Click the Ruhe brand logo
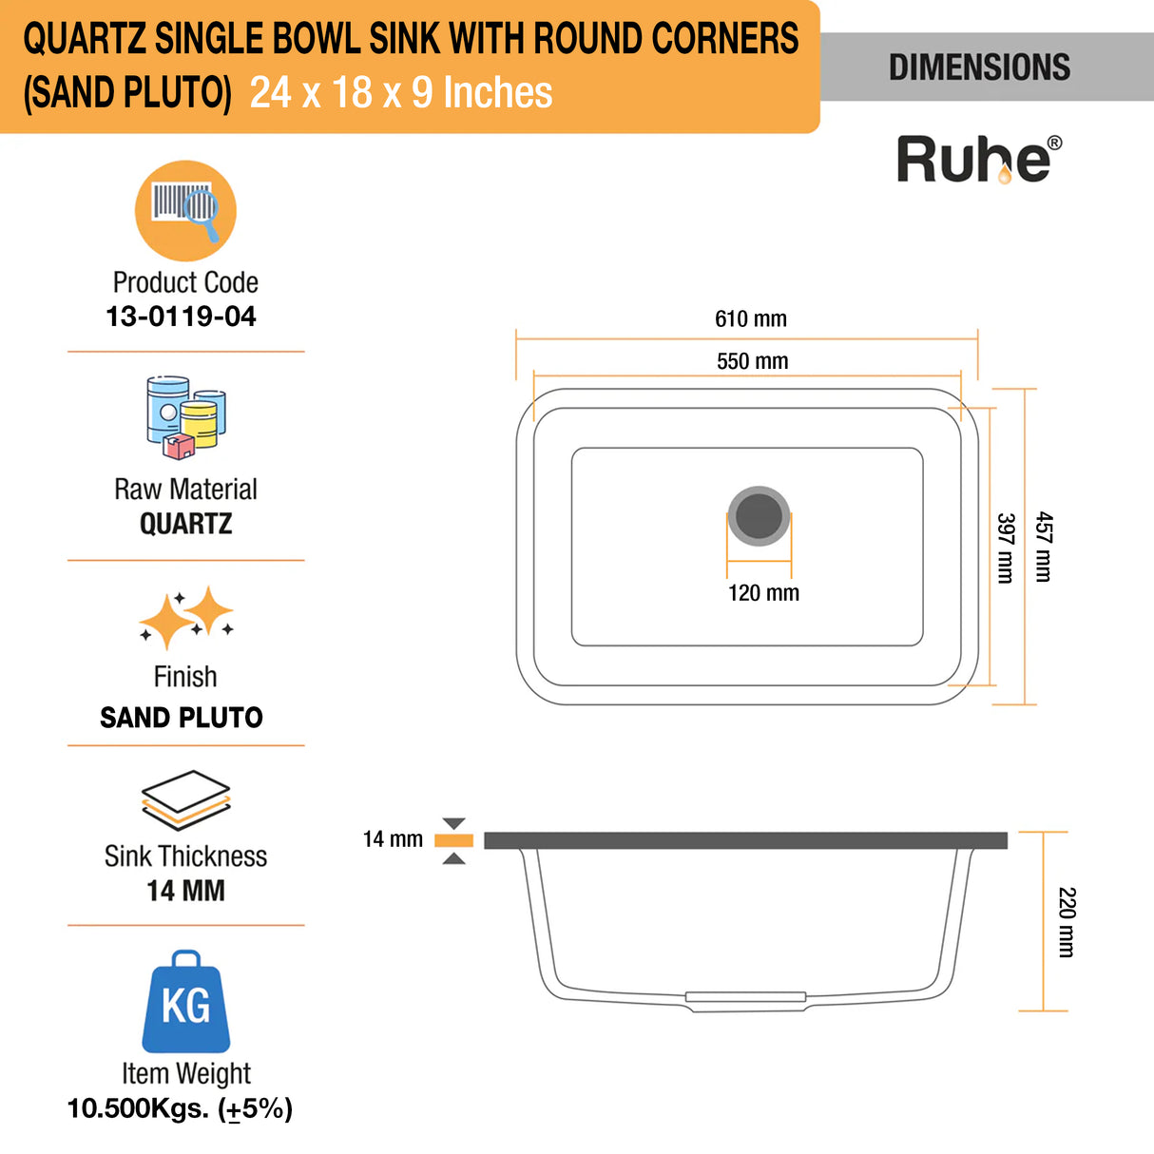978,159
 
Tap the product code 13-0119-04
181,317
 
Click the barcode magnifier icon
185,210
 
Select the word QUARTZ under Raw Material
185,524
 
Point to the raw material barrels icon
185,417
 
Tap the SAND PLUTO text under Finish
182,718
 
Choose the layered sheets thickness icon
185,799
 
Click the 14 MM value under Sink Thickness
185,892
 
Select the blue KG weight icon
186,1003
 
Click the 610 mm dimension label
751,319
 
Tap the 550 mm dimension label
752,361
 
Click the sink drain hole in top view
759,515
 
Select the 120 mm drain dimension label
763,593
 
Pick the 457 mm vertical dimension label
1044,547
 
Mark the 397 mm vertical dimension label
1006,548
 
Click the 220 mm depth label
1067,922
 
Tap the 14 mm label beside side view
393,839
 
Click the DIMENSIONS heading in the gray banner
979,67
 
